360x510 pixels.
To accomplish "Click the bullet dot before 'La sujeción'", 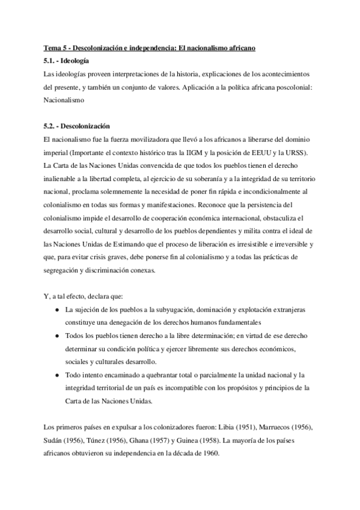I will [56, 309].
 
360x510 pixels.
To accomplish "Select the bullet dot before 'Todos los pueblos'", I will [56, 336].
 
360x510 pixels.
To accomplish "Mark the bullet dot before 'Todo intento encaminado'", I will [56, 375].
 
